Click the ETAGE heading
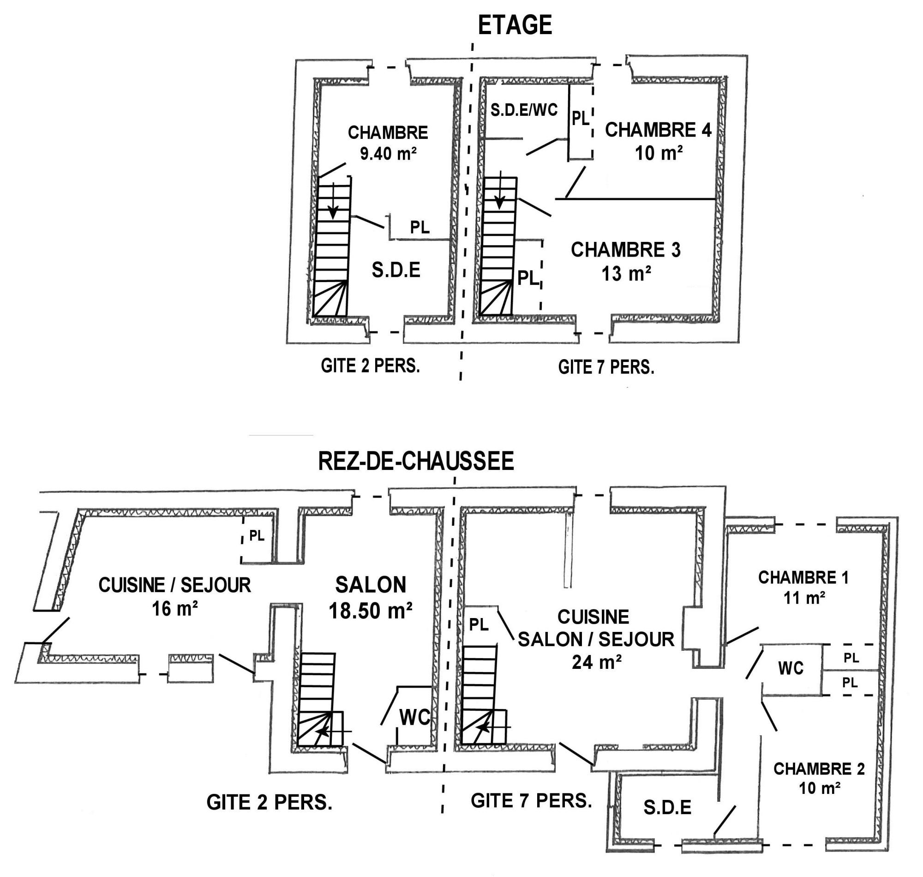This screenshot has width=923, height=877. point(515,25)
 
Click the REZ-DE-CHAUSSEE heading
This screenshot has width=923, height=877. point(415,462)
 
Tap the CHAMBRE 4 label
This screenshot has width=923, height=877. point(658,130)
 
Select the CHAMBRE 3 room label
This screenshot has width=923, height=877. point(625,250)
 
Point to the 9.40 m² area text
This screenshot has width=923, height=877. point(388,153)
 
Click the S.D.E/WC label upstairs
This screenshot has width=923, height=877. point(524,110)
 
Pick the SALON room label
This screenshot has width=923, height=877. point(371,585)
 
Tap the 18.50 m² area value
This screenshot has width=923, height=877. point(370,611)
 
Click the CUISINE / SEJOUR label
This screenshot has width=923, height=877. point(174,585)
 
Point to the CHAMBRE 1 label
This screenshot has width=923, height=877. point(803,578)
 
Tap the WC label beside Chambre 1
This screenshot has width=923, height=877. point(791,668)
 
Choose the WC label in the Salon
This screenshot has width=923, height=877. point(414,718)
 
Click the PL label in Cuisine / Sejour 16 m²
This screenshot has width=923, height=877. point(257,536)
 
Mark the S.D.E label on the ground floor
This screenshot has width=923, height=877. point(667,808)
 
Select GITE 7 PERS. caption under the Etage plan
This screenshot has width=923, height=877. point(606,367)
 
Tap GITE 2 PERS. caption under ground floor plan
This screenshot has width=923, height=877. point(269,803)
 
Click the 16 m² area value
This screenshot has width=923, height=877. point(174,609)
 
